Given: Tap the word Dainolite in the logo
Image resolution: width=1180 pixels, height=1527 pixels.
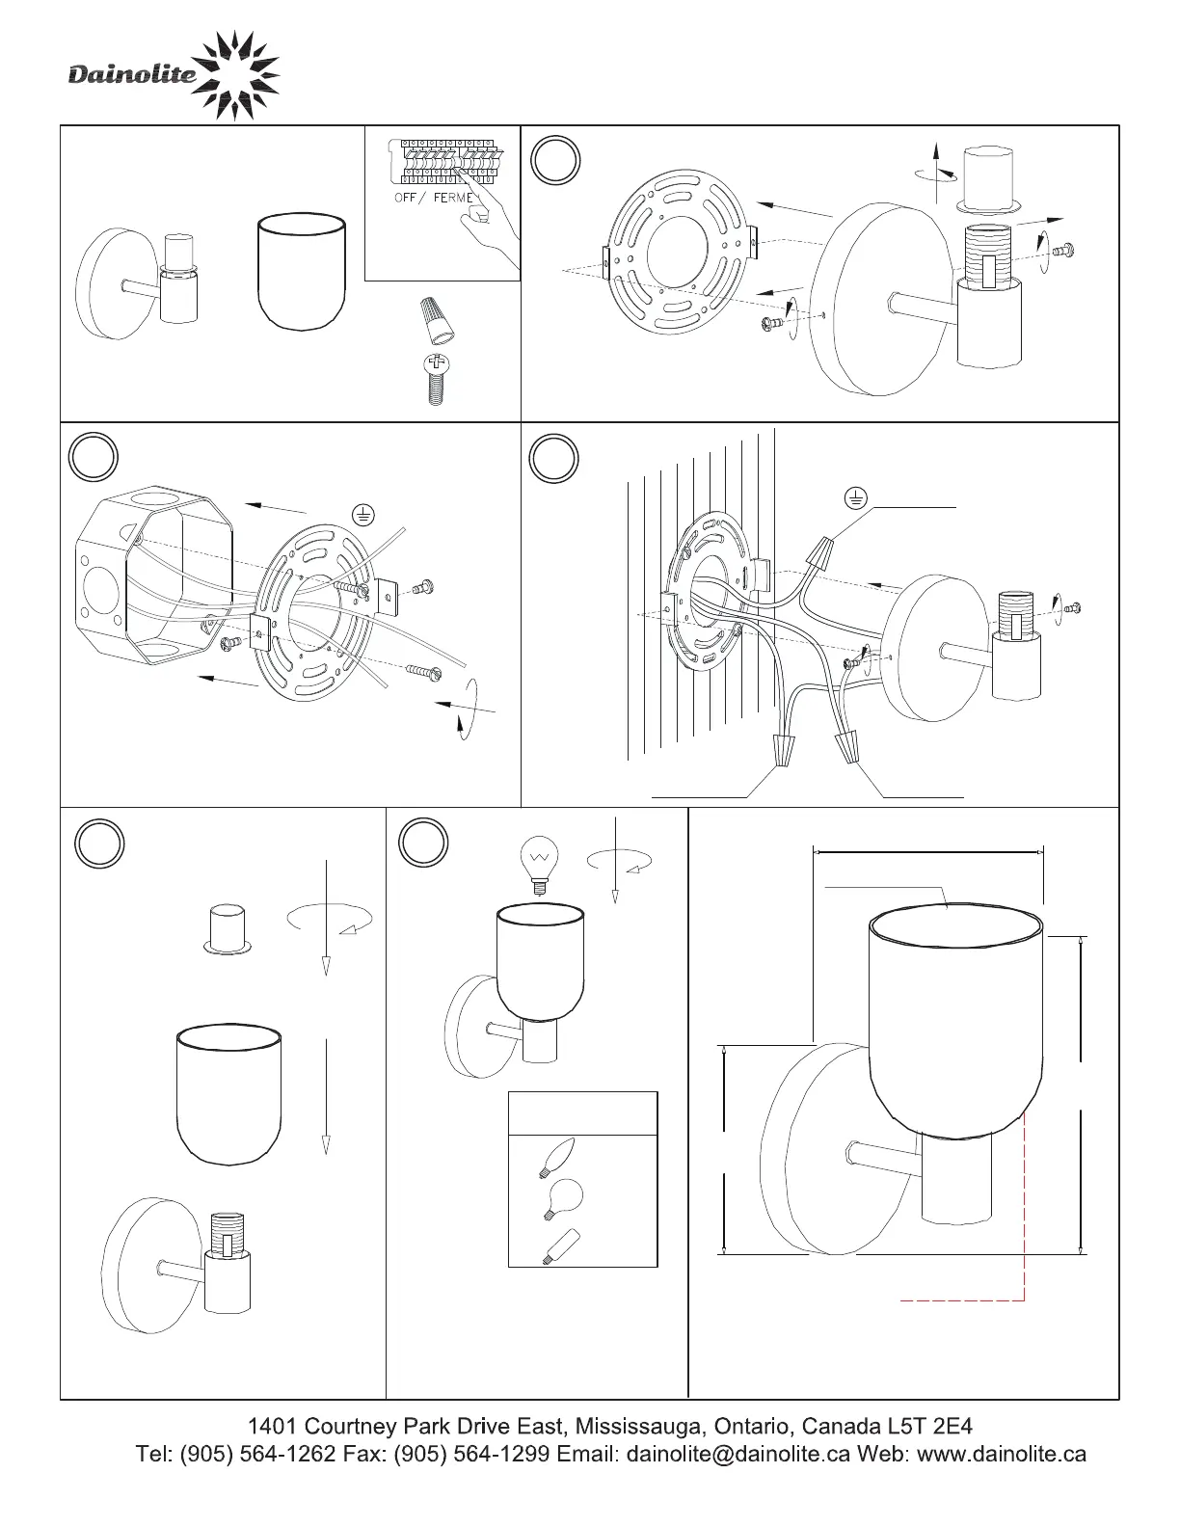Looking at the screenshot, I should click(x=132, y=74).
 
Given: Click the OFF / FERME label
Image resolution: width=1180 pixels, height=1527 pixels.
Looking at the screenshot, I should click(x=434, y=198).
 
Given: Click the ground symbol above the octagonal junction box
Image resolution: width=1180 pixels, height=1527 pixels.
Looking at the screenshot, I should click(x=362, y=514).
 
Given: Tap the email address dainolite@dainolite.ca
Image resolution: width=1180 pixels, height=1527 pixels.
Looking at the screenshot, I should click(x=737, y=1454).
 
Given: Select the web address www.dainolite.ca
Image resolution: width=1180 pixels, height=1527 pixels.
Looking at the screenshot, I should click(x=1002, y=1454).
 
